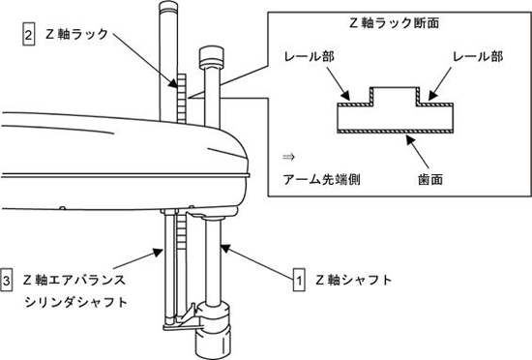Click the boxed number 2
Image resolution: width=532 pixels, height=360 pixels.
(x=28, y=34)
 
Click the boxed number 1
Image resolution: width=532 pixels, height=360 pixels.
(x=299, y=280)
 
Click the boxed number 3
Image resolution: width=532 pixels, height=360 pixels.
(x=7, y=280)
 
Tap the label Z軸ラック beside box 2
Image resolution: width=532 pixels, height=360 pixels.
(x=76, y=34)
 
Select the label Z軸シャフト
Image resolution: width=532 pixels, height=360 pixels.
(x=354, y=280)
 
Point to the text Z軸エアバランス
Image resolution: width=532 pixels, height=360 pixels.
(x=74, y=280)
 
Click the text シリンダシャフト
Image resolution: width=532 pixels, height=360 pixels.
(x=76, y=302)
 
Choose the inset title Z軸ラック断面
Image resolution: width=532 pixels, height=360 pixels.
(x=395, y=23)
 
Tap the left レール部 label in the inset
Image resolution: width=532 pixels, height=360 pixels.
(x=310, y=56)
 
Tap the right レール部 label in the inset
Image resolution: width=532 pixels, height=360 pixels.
(x=478, y=56)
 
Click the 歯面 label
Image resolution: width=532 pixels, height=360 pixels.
(x=430, y=179)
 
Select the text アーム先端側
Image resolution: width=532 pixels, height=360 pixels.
(x=322, y=179)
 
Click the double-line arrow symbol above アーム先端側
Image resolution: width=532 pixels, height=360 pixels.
(x=289, y=157)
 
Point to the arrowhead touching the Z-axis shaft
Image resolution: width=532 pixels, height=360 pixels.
(x=226, y=249)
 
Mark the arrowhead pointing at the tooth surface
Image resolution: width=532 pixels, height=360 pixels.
(x=411, y=138)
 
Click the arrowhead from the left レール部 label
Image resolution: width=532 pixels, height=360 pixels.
(x=345, y=96)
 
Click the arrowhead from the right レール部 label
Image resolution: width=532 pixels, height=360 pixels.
(x=432, y=96)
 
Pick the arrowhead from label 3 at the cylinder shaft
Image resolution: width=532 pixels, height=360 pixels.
(x=158, y=252)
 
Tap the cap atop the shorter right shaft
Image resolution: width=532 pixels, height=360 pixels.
(x=212, y=57)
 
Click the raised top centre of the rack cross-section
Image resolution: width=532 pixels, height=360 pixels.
(x=396, y=88)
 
